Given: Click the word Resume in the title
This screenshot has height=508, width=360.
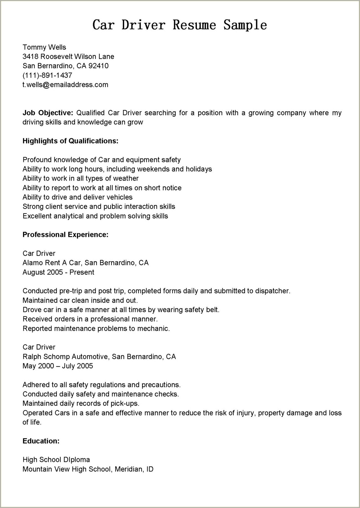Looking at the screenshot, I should click(194, 25).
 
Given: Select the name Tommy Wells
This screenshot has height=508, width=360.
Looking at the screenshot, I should click(44, 47).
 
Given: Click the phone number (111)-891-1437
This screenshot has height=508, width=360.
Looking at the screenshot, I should click(47, 75).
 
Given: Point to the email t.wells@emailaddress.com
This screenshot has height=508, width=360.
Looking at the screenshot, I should click(65, 85).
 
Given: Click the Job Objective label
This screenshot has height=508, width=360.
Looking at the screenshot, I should click(48, 113).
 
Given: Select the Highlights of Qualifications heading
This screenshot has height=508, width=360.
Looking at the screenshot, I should click(70, 141).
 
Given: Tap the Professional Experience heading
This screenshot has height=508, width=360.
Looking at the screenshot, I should click(65, 234).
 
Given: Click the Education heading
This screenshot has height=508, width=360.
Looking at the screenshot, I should click(41, 441).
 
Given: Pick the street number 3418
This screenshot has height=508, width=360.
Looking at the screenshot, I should click(30, 57).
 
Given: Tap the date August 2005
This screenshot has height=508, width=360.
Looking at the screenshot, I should click(43, 272).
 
